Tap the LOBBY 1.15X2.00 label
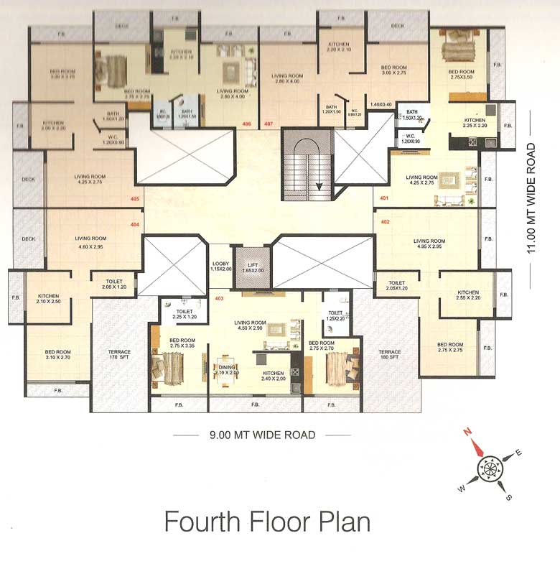click(220, 266)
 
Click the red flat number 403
click(220, 298)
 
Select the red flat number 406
click(246, 124)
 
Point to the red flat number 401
click(384, 198)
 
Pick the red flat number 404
click(134, 224)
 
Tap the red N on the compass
click(467, 432)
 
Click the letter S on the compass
click(508, 496)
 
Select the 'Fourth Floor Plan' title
click(267, 521)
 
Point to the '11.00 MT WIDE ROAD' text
click(531, 198)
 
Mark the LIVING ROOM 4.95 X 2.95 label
click(429, 244)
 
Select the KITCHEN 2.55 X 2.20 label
click(468, 295)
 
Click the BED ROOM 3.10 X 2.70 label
click(57, 354)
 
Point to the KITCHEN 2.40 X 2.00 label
click(273, 376)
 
